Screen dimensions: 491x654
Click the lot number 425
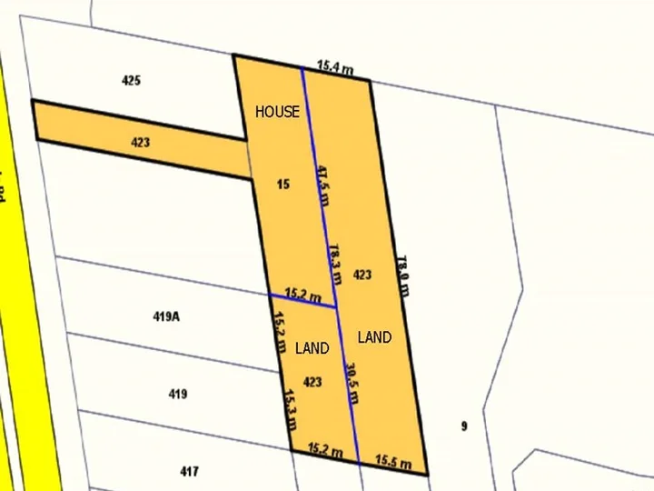click(131, 81)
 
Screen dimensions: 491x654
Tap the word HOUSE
click(277, 112)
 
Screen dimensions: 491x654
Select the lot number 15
click(283, 185)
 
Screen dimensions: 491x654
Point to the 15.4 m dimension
click(334, 67)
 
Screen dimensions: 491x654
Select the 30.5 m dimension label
click(352, 382)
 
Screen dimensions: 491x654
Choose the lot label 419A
click(166, 317)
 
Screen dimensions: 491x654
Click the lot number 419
click(178, 394)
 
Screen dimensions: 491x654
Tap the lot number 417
click(189, 471)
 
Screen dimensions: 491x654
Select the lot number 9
click(463, 426)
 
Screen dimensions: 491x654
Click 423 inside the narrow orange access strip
click(140, 143)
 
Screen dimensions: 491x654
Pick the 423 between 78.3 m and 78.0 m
click(362, 275)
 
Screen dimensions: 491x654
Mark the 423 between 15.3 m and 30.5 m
click(312, 382)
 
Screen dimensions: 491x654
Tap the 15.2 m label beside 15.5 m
click(325, 450)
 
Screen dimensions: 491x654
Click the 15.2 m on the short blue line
click(303, 295)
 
